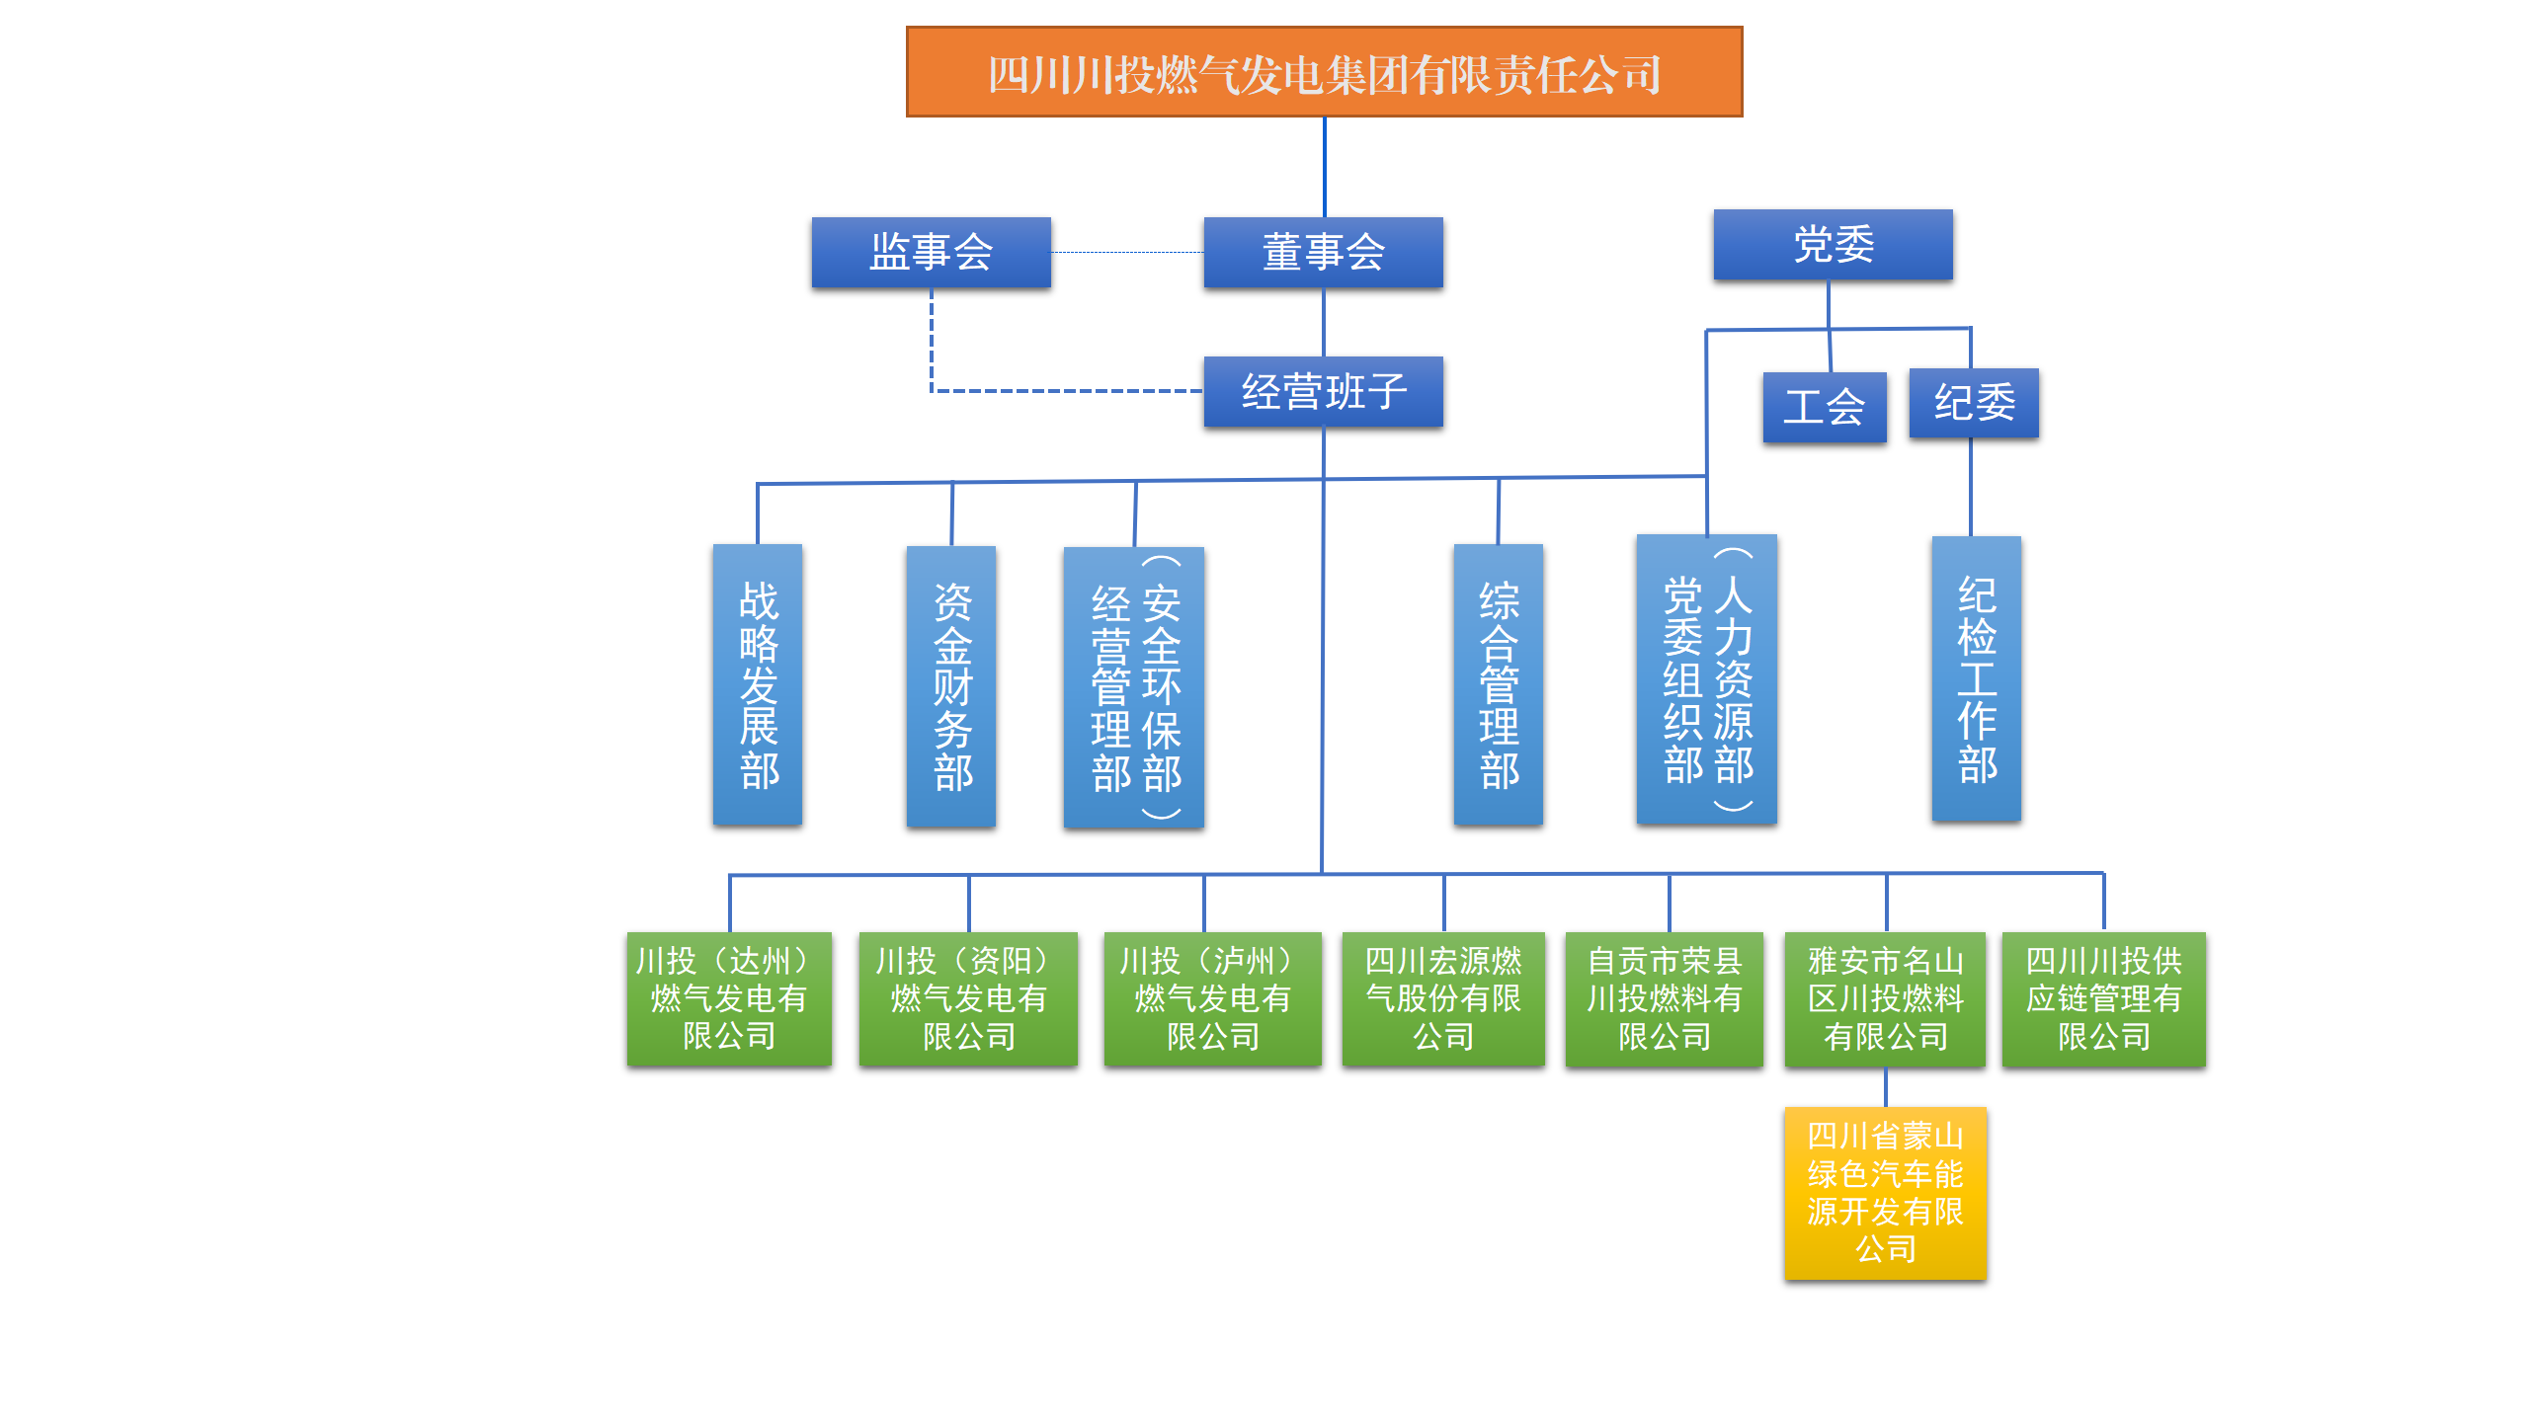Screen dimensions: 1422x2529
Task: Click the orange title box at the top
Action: point(1324,72)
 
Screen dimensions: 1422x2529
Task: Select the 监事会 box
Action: point(931,252)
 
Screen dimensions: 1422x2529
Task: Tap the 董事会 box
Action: point(1323,252)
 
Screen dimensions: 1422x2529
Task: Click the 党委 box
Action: point(1833,244)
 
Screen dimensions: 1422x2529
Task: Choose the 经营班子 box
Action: point(1323,391)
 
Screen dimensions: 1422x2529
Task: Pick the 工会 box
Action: point(1824,407)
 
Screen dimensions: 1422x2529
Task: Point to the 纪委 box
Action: point(1973,403)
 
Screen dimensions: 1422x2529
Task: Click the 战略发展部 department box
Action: point(758,684)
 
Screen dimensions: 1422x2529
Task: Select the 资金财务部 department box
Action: point(951,686)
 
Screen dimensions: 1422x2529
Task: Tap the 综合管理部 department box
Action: point(1498,684)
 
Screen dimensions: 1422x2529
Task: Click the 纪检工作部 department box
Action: point(1976,679)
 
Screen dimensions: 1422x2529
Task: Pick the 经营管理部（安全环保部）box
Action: point(1133,687)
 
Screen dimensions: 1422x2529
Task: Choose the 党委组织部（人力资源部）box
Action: point(1706,679)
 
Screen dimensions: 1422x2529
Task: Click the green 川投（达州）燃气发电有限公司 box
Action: point(729,998)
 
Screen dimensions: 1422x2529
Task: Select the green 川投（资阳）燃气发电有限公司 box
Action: point(968,998)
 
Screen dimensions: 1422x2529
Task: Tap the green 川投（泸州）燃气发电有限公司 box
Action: point(1212,998)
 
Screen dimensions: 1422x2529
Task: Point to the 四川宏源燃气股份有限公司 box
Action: point(1443,998)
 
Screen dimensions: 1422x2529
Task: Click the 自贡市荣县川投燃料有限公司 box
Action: point(1664,998)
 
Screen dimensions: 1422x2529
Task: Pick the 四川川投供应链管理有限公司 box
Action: point(2103,998)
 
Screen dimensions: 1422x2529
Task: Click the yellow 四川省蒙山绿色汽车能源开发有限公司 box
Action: point(1885,1193)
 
